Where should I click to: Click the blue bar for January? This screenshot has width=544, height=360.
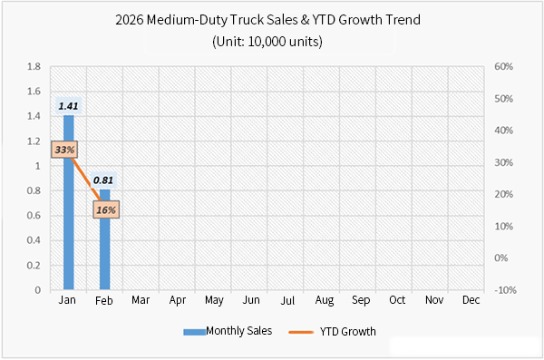coord(68,227)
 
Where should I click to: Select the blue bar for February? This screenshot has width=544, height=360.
coord(105,254)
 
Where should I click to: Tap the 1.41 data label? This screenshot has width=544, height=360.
coord(68,106)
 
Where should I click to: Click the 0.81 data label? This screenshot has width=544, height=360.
coord(103,180)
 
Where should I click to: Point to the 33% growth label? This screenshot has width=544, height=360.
coord(64,149)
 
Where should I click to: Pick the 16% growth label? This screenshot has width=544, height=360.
coord(105,210)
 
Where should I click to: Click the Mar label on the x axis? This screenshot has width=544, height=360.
coord(141,299)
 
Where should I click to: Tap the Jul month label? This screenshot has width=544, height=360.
coord(287,299)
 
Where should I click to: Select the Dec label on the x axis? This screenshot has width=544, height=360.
coord(471,299)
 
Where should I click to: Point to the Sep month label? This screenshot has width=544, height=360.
coord(361,299)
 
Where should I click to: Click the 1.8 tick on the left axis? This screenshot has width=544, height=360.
coord(34,67)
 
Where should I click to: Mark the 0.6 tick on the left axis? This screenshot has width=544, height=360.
coord(34,216)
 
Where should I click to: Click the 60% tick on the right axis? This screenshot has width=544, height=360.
coord(505,67)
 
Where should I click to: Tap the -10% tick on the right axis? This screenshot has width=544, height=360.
coord(505,290)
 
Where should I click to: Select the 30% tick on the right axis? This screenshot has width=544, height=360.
coord(505,163)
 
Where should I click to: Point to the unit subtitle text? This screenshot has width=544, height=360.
coord(272,41)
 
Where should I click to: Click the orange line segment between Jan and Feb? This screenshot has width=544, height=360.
coord(86,177)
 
